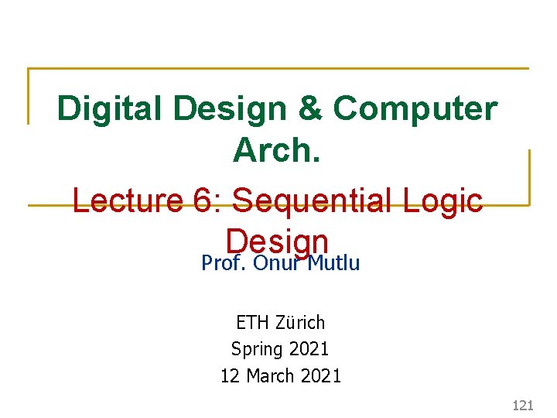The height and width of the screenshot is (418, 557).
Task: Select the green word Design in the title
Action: pos(241,109)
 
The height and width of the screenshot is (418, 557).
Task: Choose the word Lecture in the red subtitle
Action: pos(124,201)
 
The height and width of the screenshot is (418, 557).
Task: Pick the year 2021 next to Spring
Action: pos(308,349)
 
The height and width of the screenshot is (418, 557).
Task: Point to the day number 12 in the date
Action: pos(230,376)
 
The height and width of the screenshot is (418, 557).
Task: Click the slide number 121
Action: pos(524,405)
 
